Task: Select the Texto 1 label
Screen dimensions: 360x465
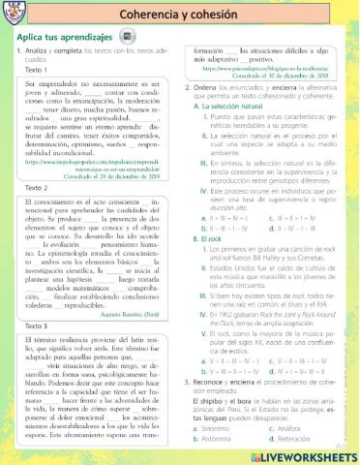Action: coord(37,70)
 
